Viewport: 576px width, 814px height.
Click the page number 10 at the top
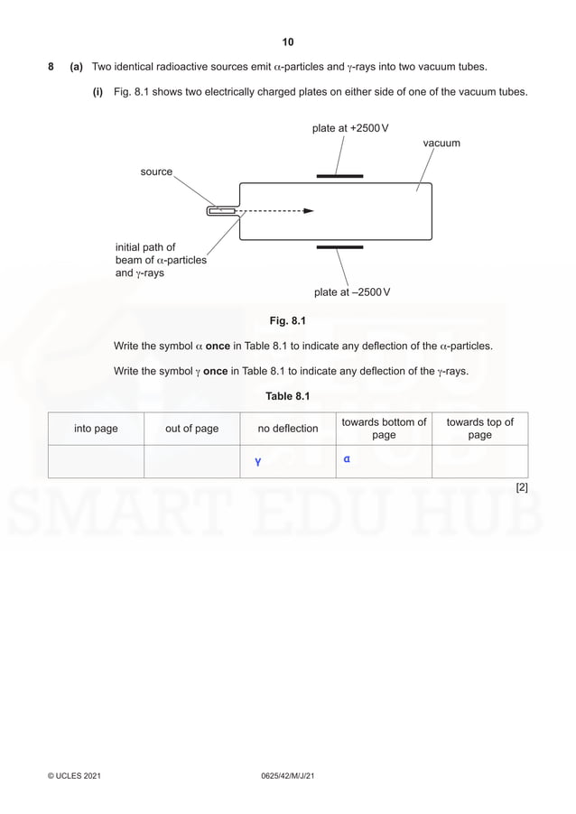tap(288, 42)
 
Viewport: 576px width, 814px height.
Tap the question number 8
tap(51, 67)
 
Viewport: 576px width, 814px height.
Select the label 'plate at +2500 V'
tap(350, 128)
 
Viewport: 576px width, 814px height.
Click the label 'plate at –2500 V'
tap(352, 292)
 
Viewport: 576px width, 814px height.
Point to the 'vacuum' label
tap(441, 143)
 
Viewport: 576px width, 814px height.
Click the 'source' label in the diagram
tap(156, 171)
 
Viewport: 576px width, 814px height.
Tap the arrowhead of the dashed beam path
tap(309, 211)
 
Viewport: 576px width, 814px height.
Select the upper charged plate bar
tap(339, 176)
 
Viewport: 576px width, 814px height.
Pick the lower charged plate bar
tap(339, 245)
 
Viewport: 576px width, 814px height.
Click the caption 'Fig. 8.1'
tap(288, 320)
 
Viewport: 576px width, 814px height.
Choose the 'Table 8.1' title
tap(288, 396)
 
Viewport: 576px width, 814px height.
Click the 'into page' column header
tap(96, 429)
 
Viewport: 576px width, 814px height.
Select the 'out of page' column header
tap(191, 429)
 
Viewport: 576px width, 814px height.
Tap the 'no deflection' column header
tap(288, 429)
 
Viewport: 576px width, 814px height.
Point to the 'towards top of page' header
tap(479, 429)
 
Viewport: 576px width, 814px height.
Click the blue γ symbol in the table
tap(257, 463)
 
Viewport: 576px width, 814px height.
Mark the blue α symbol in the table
tap(347, 458)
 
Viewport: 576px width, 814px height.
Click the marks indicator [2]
tap(522, 487)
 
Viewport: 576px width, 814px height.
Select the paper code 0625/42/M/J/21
tap(287, 776)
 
